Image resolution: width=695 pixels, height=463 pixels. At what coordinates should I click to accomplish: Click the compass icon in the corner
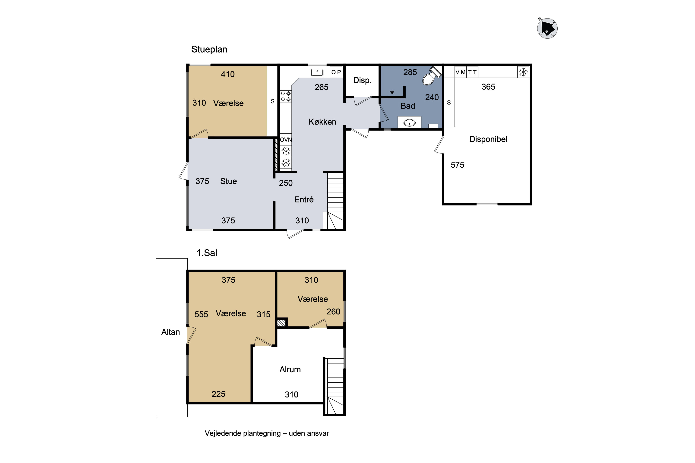547,28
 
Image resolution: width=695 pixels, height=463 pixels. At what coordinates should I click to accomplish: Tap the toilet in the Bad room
431,76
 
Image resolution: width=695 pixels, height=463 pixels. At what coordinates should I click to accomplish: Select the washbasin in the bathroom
409,122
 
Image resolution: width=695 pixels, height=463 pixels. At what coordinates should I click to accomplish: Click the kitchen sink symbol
317,72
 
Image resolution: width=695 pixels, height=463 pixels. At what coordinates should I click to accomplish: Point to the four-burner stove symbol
285,96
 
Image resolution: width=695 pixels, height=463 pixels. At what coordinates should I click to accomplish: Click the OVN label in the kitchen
286,140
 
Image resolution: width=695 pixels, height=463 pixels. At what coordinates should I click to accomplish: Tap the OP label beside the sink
336,72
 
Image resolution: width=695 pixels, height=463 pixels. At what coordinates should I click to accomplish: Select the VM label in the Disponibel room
460,72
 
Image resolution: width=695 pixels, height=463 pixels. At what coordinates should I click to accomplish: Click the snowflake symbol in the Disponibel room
523,72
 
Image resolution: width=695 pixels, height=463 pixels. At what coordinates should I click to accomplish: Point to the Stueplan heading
209,49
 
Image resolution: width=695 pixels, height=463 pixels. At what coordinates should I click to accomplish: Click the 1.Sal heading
207,253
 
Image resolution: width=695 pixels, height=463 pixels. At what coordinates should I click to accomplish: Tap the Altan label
171,332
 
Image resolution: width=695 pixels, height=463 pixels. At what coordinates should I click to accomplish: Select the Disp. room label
362,80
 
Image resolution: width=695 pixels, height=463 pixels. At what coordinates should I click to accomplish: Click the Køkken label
322,122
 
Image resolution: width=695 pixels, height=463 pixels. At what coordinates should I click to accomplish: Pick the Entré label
304,200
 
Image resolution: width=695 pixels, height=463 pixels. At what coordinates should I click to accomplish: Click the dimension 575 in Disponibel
457,165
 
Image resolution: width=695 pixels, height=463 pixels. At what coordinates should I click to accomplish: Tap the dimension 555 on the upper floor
201,314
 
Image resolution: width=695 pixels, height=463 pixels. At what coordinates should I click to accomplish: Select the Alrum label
290,369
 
